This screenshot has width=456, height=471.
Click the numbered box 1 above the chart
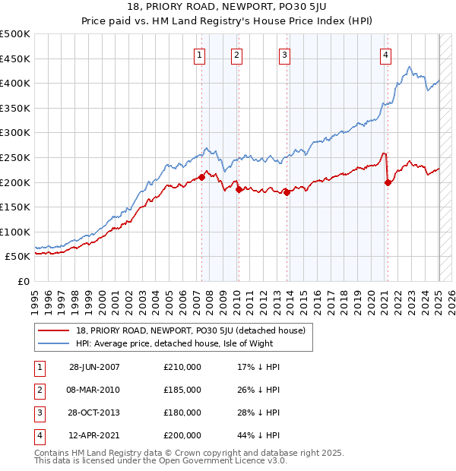(x=199, y=55)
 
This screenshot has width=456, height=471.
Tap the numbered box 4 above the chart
(x=386, y=55)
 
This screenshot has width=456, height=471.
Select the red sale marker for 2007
(x=202, y=177)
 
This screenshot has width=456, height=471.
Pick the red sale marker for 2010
(x=238, y=190)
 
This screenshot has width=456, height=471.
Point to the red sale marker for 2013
(x=287, y=192)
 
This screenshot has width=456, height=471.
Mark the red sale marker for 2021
(x=388, y=182)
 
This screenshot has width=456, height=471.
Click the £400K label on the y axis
(x=16, y=83)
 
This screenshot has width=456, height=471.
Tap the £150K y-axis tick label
(x=16, y=207)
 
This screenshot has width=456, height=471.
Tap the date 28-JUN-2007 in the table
(x=94, y=367)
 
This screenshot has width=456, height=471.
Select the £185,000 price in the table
(x=182, y=390)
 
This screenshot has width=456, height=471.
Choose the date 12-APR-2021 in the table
(x=94, y=435)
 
